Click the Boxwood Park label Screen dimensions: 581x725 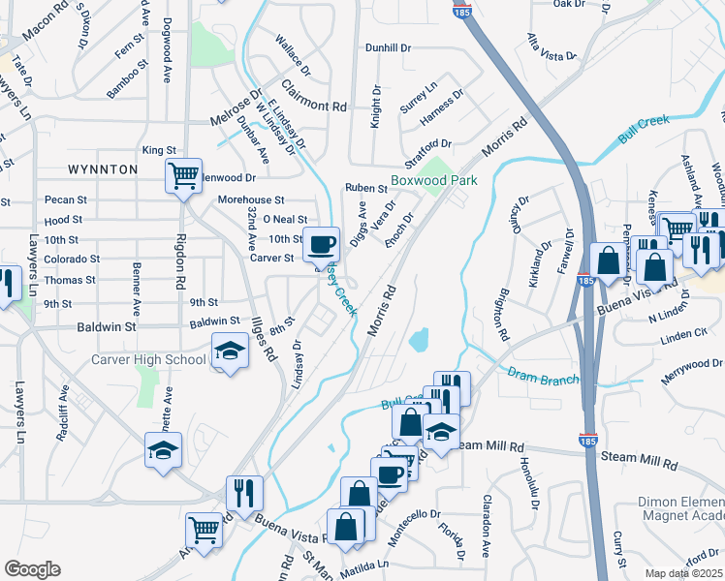pos(435,181)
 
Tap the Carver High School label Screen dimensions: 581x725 pos(149,360)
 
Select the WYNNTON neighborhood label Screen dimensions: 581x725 pos(104,169)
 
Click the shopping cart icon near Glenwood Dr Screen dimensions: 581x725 pos(182,176)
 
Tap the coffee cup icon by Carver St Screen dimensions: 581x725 pos(321,243)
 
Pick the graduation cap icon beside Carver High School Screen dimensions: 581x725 pos(230,351)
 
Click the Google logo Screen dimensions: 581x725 pos(32,568)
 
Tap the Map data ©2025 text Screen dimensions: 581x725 pos(684,573)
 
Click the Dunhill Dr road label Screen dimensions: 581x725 pos(389,46)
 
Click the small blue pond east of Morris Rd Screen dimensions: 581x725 pos(419,340)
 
